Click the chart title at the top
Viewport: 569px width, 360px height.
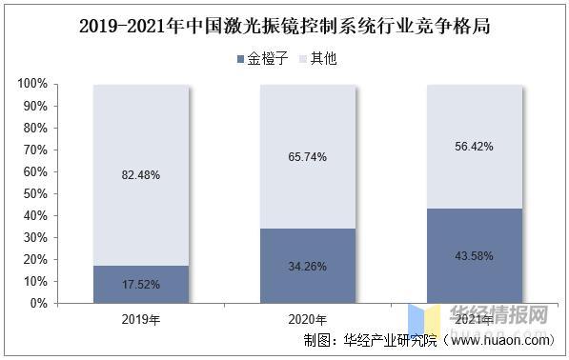click(284, 24)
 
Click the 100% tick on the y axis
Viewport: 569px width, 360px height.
click(30, 85)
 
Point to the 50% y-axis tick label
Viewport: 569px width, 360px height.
click(33, 194)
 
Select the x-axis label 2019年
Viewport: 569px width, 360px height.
click(140, 319)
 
